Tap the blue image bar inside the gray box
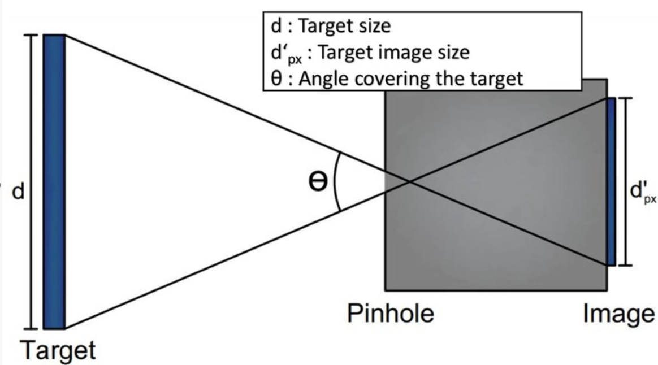click(611, 181)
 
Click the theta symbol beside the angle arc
click(318, 184)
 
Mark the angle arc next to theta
click(336, 181)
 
